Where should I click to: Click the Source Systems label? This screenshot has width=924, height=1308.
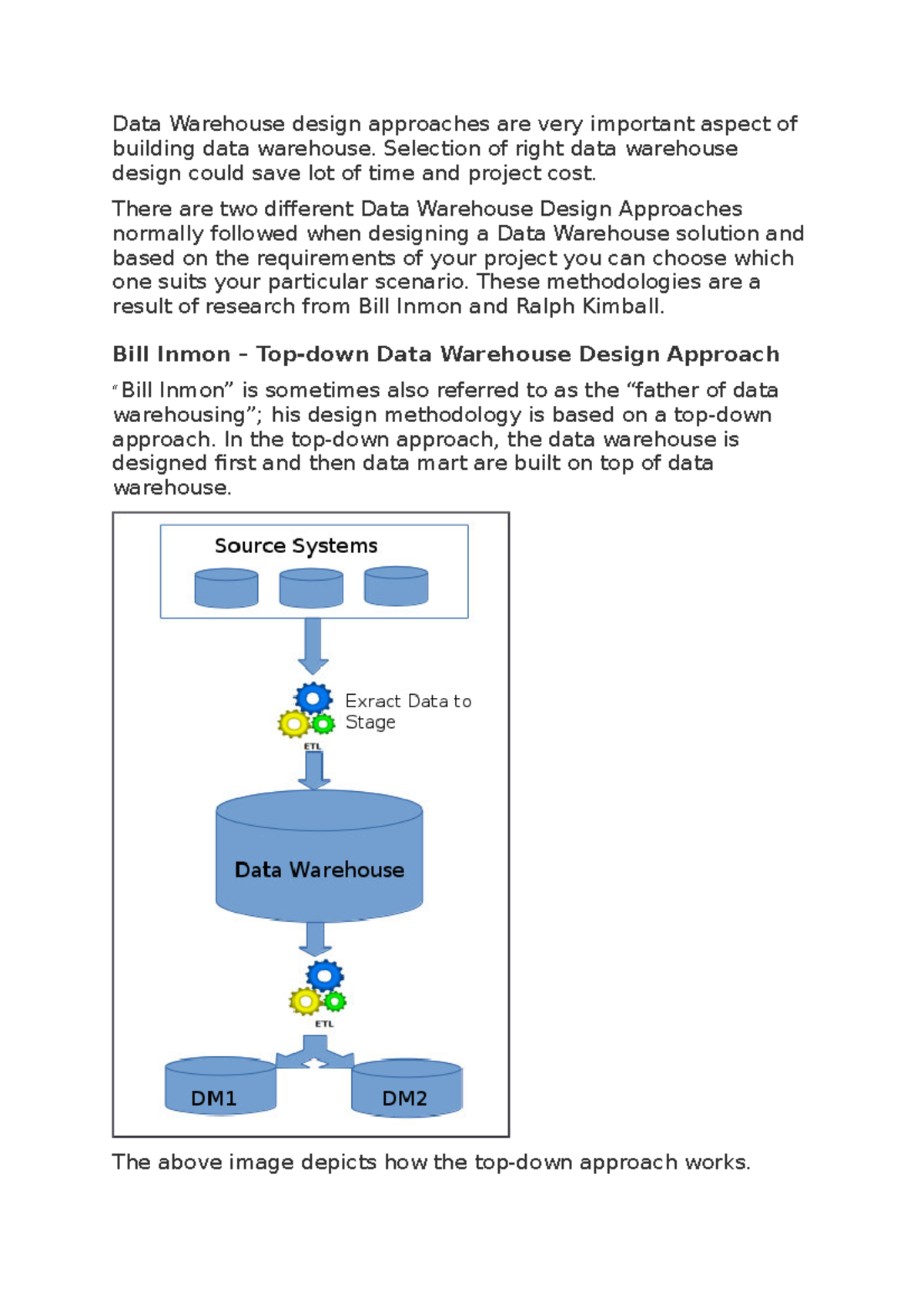pos(296,545)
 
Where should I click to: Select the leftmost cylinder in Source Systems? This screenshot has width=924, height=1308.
pos(226,589)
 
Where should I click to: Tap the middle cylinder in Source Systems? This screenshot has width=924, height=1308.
pos(311,589)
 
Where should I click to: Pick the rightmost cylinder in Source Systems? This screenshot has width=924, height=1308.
pos(396,588)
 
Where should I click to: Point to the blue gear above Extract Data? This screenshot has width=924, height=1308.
pos(313,699)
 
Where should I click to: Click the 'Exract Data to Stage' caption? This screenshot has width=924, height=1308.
pos(407,711)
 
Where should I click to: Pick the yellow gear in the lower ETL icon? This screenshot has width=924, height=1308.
pos(305,1001)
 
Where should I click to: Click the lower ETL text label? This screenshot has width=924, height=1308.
pos(324,1024)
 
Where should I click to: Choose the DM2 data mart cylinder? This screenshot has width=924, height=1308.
pos(407,1089)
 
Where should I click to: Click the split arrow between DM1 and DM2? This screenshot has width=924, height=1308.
pos(315,1052)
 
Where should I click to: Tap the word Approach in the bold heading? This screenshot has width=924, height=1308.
pos(723,354)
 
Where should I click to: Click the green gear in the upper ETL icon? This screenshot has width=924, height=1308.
pos(323,724)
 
